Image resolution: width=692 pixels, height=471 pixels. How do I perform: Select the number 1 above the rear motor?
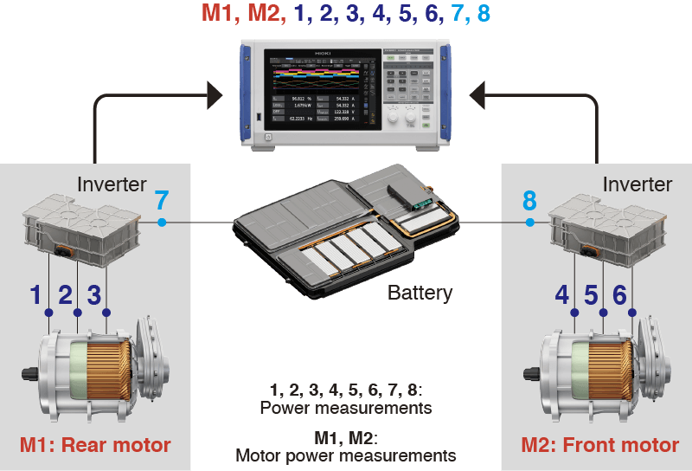point(35,295)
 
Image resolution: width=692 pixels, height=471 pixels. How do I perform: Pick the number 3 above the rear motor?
point(94,295)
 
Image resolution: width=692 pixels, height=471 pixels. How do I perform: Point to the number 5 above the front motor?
point(591,295)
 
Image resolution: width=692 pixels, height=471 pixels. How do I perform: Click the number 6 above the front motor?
point(619,295)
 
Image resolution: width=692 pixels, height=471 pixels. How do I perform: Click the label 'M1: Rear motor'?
point(95,446)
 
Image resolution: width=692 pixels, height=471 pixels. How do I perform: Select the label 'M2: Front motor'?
point(599,446)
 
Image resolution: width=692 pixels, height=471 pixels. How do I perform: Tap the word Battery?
point(420,293)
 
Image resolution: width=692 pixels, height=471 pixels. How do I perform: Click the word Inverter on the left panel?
point(112,184)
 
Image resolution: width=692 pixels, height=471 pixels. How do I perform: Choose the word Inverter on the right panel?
point(638,184)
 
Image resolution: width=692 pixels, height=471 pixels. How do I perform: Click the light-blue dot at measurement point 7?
point(162,223)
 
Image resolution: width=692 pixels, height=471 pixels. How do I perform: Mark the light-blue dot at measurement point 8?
point(529,223)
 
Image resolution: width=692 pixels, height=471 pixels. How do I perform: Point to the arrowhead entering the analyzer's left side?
point(214,90)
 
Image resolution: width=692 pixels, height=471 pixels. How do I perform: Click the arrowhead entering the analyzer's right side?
point(477,90)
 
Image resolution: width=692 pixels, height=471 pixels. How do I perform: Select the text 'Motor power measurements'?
point(345,455)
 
